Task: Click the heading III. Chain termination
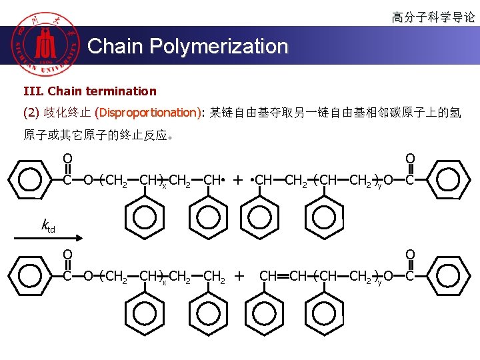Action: pyautogui.click(x=90, y=91)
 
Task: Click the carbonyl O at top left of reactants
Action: pyautogui.click(x=67, y=159)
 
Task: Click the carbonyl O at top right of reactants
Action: pyautogui.click(x=411, y=159)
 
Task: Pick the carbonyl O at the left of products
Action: pyautogui.click(x=67, y=254)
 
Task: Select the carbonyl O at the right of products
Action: pyautogui.click(x=411, y=254)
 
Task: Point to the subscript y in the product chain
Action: pyautogui.click(x=379, y=281)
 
